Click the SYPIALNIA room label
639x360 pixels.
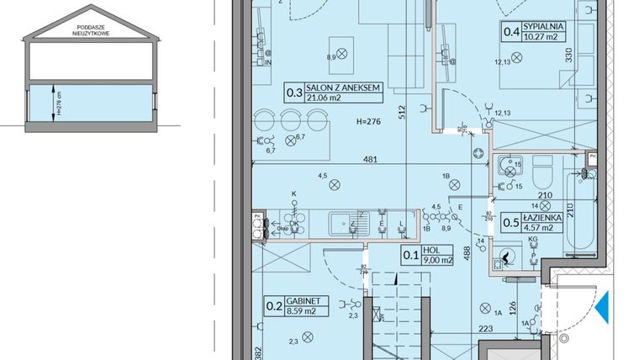click(x=542, y=27)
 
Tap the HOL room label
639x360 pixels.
click(x=433, y=250)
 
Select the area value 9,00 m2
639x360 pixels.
click(x=437, y=260)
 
